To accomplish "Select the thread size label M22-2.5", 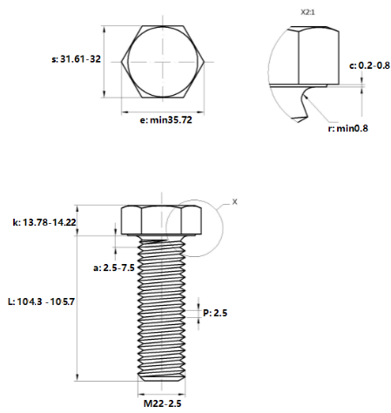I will coord(162,403).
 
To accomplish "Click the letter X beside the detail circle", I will coord(234,201).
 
